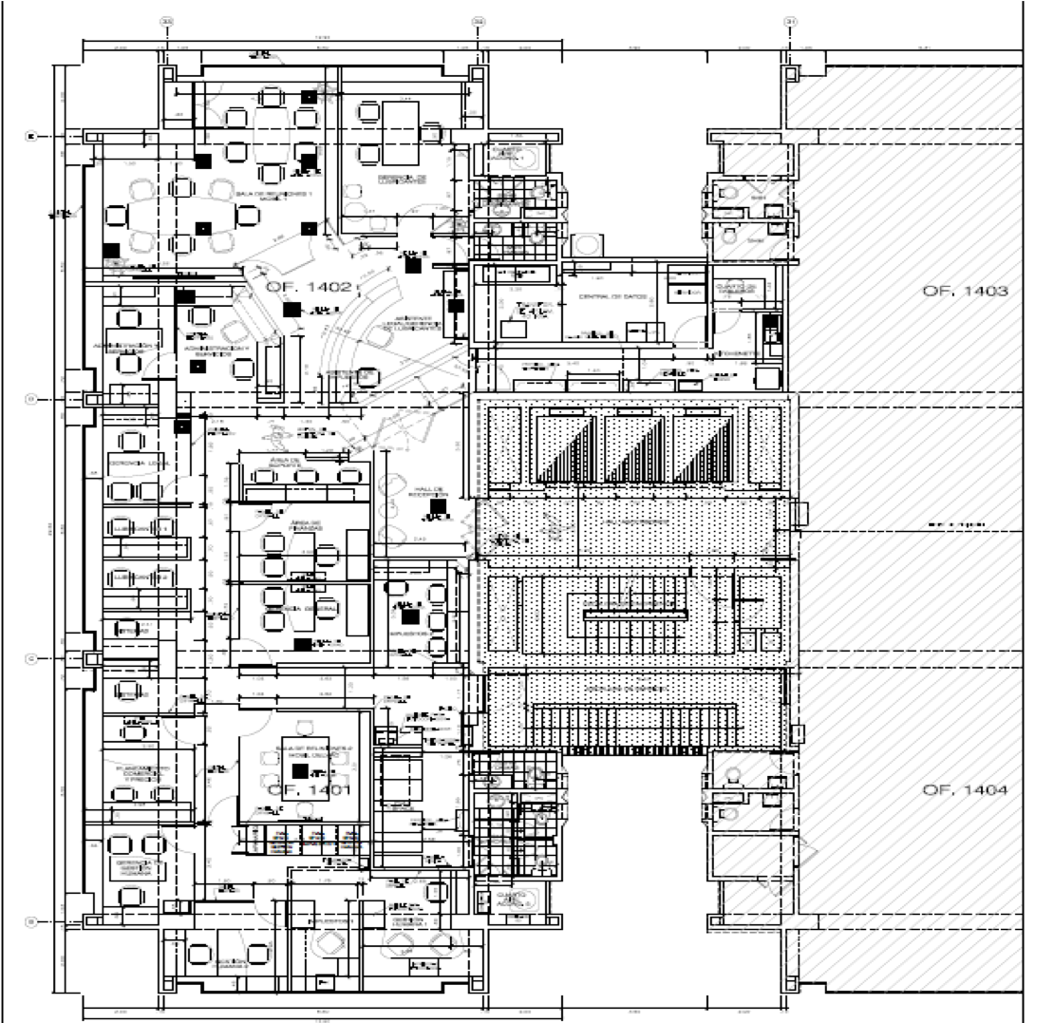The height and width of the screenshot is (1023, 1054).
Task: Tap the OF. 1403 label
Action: pos(964,291)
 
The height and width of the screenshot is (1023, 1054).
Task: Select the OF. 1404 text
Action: pos(964,790)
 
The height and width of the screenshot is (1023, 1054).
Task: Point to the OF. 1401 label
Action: pos(296,789)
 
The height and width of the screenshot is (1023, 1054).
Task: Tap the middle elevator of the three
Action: pos(637,446)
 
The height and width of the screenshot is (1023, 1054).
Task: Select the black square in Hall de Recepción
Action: pos(437,508)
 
